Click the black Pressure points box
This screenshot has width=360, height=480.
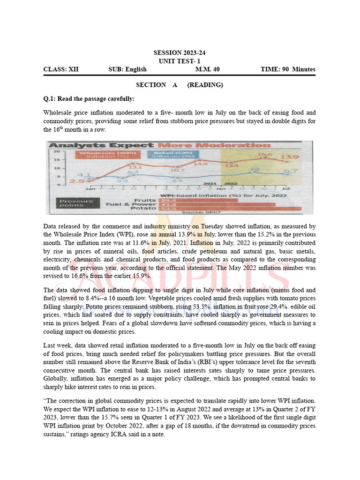[76, 203]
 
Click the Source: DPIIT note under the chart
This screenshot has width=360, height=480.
[195, 213]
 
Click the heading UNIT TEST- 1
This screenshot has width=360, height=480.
[180, 61]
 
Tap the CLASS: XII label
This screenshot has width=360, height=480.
[61, 69]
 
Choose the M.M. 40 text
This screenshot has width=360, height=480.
[207, 69]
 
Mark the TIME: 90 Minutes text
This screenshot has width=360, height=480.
[288, 69]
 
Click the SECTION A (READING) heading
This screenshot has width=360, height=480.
[180, 85]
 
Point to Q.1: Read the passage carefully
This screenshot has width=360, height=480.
[89, 99]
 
